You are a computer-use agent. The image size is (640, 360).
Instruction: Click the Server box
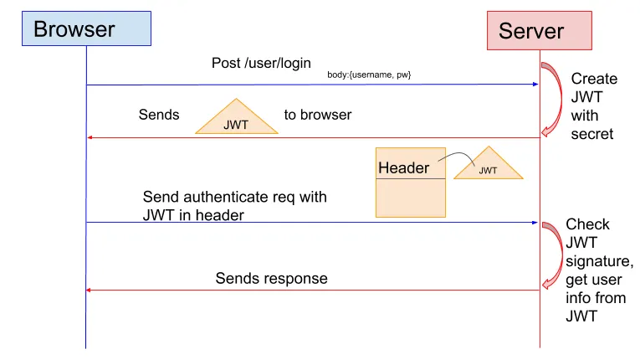click(x=540, y=31)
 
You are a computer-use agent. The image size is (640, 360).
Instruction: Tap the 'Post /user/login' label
click(x=260, y=63)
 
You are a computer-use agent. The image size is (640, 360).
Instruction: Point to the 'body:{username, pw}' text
click(x=369, y=75)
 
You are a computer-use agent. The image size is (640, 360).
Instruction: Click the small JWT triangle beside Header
click(x=488, y=166)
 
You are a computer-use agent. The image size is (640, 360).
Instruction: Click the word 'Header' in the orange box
click(x=403, y=168)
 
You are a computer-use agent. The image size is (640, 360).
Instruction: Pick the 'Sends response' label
click(x=271, y=278)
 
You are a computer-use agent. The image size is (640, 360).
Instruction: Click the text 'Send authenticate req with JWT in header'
click(x=234, y=206)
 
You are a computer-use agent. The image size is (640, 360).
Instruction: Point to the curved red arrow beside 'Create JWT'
click(x=551, y=98)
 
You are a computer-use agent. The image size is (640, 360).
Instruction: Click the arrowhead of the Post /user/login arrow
click(x=533, y=84)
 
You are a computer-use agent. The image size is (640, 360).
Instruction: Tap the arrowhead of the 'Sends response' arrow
click(x=91, y=290)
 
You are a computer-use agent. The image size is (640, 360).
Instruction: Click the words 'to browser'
click(x=317, y=115)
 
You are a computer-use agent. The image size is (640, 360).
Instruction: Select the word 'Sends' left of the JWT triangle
click(x=159, y=115)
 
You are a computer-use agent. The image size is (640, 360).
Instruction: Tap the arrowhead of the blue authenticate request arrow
click(x=533, y=222)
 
